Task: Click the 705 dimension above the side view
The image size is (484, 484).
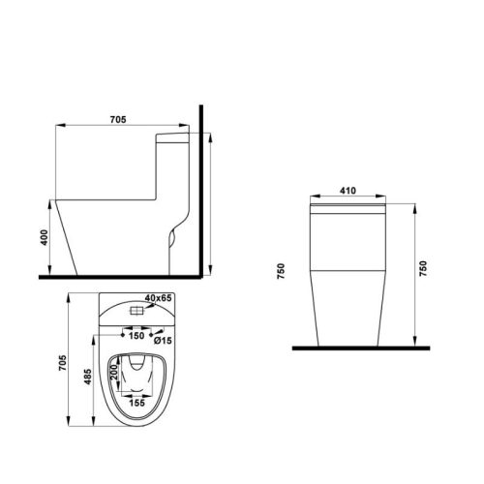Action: [x=117, y=121]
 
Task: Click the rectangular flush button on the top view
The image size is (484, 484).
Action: [x=136, y=312]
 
